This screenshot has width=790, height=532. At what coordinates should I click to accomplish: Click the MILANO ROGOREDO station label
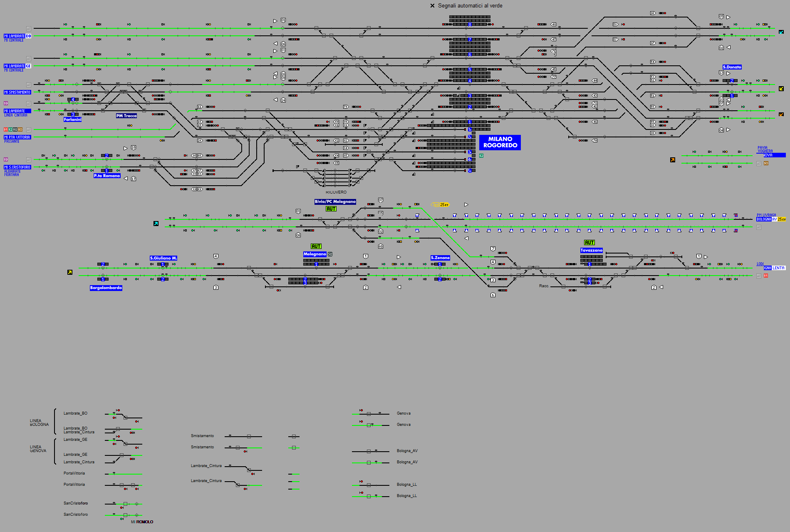[x=500, y=142]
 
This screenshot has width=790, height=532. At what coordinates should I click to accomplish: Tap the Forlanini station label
[x=72, y=119]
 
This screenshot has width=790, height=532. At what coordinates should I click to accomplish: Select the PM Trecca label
[x=126, y=116]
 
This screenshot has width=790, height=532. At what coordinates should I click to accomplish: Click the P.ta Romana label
[x=107, y=176]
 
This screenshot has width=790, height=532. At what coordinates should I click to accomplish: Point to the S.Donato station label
[x=732, y=67]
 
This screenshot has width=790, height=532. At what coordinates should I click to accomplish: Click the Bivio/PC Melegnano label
[x=335, y=201]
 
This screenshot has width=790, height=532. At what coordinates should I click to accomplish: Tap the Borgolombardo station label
[x=106, y=288]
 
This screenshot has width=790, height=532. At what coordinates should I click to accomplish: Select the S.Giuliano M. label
[x=163, y=258]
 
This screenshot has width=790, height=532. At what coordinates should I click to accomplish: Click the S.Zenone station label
[x=440, y=258]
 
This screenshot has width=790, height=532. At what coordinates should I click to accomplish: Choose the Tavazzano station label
[x=591, y=250]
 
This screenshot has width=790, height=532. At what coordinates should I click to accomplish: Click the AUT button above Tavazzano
[x=589, y=243]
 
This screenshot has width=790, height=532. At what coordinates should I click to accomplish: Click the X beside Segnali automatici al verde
[x=432, y=6]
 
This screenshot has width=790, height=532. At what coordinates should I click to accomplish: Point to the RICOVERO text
[x=336, y=192]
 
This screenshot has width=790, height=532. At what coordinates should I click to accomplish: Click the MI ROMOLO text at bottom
[x=142, y=522]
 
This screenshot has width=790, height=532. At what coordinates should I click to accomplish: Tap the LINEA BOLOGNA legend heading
[x=39, y=423]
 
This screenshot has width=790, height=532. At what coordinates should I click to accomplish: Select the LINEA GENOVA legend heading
[x=38, y=449]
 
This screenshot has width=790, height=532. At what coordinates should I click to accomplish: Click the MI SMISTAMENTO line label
[x=17, y=92]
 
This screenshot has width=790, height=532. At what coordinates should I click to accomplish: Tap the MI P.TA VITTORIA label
[x=17, y=137]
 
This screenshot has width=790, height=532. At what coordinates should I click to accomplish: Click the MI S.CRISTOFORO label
[x=17, y=167]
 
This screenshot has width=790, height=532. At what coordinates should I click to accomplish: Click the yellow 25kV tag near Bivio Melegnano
[x=441, y=205]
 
